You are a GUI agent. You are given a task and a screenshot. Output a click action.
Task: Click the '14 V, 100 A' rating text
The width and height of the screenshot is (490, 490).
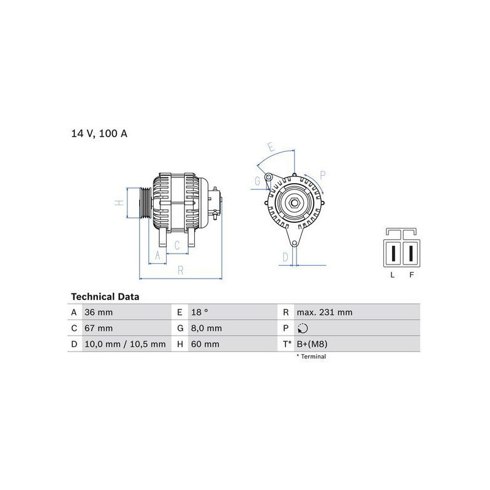99,134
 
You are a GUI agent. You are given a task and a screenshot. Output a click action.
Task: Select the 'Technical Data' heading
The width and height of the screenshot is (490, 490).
105,296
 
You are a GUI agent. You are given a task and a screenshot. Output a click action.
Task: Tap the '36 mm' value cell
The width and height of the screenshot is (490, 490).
99,312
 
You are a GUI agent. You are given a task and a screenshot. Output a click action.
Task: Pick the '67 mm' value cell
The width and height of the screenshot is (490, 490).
99,328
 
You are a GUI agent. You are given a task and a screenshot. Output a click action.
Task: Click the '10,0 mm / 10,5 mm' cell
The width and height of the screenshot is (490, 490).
125,344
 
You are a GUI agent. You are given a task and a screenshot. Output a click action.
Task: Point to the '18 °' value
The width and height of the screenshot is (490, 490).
200,312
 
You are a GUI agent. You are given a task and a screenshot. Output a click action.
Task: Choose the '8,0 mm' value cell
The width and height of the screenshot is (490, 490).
206,328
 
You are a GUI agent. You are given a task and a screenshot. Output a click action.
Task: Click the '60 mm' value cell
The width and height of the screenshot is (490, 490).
205,344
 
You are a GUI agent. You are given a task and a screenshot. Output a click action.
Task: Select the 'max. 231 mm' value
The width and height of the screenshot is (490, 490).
325,312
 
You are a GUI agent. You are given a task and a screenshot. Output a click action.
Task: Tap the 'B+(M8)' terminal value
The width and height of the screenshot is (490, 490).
312,344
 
